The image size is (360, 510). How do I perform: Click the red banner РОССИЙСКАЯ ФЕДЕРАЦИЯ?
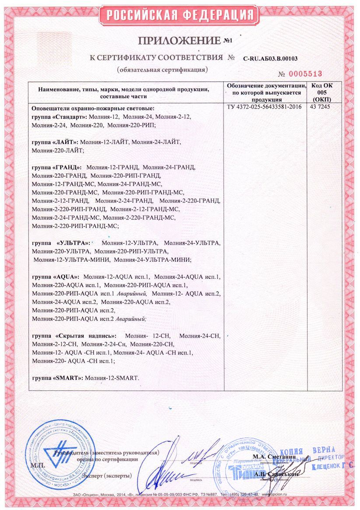(180, 15)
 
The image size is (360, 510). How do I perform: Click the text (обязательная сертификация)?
(162, 70)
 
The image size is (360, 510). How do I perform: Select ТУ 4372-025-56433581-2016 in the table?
(264, 107)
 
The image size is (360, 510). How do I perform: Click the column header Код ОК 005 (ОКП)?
(322, 92)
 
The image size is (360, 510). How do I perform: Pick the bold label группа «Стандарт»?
(60, 117)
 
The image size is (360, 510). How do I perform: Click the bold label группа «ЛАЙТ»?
(55, 142)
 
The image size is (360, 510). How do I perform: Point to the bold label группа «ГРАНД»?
(57, 167)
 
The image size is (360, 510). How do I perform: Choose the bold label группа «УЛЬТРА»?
(61, 243)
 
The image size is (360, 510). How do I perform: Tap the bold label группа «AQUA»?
(56, 276)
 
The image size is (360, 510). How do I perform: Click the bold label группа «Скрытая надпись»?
(70, 336)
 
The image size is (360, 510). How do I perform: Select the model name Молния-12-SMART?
(112, 378)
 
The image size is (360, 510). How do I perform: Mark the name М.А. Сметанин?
(274, 457)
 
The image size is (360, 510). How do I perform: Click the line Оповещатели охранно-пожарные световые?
(93, 108)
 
